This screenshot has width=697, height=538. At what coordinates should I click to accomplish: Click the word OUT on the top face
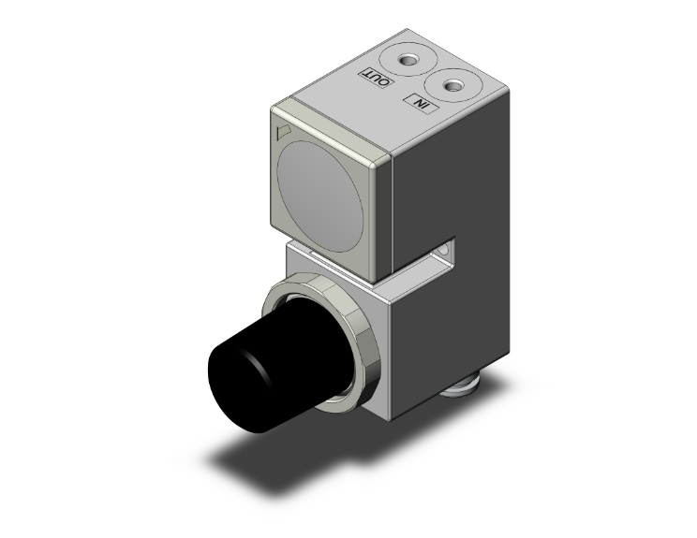click(376, 79)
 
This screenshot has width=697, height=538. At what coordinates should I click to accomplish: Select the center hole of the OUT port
click(408, 62)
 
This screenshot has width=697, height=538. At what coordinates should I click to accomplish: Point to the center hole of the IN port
click(455, 86)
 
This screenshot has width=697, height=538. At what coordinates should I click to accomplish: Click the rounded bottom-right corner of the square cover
click(378, 270)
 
